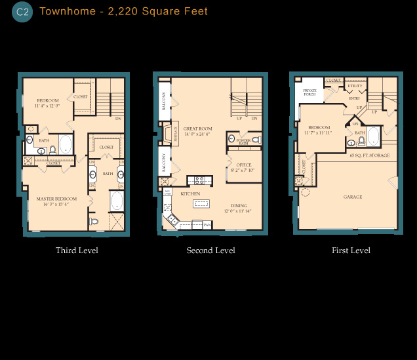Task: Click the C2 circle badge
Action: point(22,12)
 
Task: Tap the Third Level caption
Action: point(77,250)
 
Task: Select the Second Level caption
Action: point(210,250)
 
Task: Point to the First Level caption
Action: point(351,250)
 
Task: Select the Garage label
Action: point(353,197)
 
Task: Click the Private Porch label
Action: point(309,92)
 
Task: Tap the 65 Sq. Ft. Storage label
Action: point(370,155)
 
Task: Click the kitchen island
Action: point(201,204)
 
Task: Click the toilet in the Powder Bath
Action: point(256,139)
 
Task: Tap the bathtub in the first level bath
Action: point(373,136)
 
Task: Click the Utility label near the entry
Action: point(355,86)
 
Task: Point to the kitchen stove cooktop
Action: point(199,180)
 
